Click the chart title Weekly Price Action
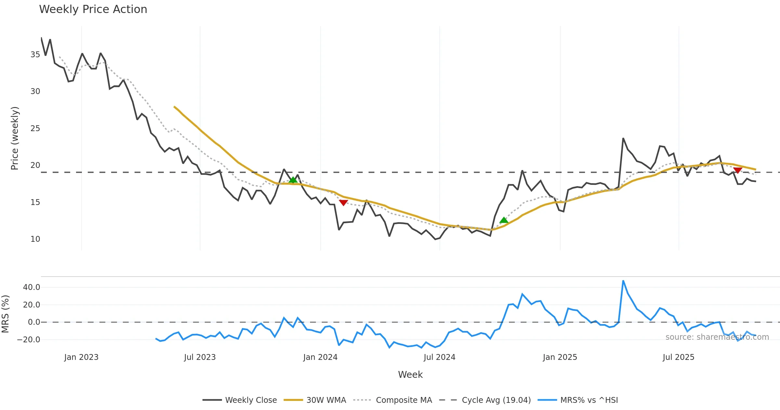(x=93, y=9)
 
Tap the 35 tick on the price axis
(x=35, y=55)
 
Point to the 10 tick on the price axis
(x=35, y=239)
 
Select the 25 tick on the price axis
(x=35, y=129)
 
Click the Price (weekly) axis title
(x=15, y=138)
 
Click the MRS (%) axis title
(x=6, y=314)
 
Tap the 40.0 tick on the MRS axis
(x=32, y=287)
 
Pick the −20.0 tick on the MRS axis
(x=29, y=340)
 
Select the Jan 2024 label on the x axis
(x=320, y=357)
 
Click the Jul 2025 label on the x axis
(x=679, y=357)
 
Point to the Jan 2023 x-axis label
(x=81, y=357)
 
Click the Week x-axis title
(x=410, y=375)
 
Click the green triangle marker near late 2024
(x=504, y=220)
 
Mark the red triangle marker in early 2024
(x=344, y=203)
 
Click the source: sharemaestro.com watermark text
(x=717, y=337)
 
